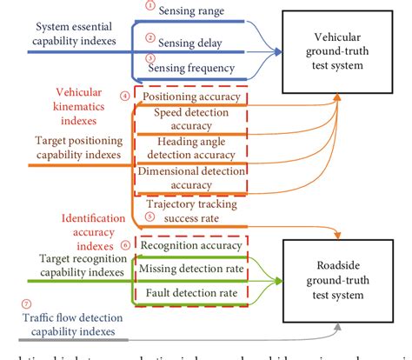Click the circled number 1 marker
150,6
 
